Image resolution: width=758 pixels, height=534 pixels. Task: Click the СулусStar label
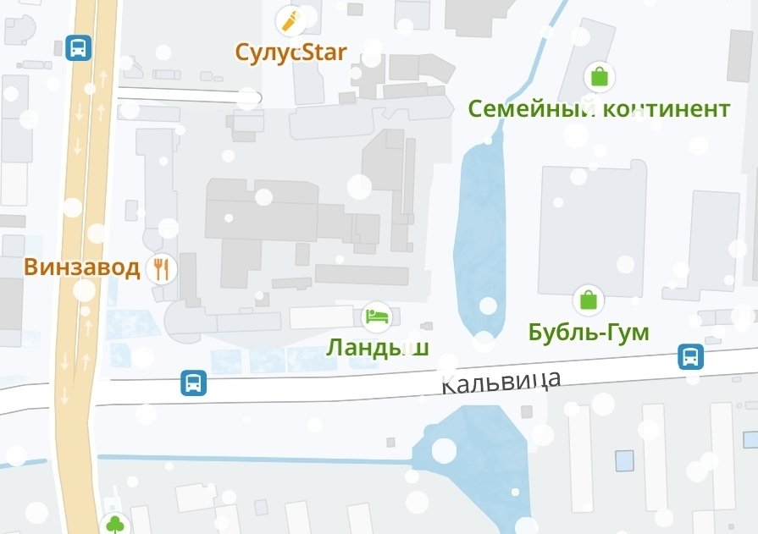[x=291, y=52]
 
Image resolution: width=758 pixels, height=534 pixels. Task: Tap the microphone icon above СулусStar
[x=292, y=19]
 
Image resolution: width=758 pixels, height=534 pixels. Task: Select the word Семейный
[x=529, y=108]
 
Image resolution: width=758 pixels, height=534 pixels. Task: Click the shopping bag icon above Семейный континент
[x=600, y=77]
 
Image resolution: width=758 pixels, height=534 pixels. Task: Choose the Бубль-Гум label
[x=589, y=332]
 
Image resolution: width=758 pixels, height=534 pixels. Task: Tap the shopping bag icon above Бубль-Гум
[x=588, y=300]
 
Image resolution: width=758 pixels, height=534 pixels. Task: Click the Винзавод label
[x=81, y=267]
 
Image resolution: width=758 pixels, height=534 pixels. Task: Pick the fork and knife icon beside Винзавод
[x=161, y=268]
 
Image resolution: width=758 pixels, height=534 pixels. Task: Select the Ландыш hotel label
[x=378, y=347]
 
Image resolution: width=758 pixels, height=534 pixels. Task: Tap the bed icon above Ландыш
[x=377, y=317]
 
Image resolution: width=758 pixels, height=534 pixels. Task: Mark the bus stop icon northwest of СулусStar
[x=79, y=47]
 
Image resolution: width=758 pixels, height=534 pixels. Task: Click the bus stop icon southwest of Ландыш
[x=194, y=383]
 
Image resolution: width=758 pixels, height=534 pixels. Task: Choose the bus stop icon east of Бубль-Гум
[x=691, y=357]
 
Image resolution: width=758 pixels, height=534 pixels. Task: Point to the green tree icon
[x=114, y=525]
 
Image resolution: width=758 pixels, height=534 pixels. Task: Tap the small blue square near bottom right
[x=624, y=461]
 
